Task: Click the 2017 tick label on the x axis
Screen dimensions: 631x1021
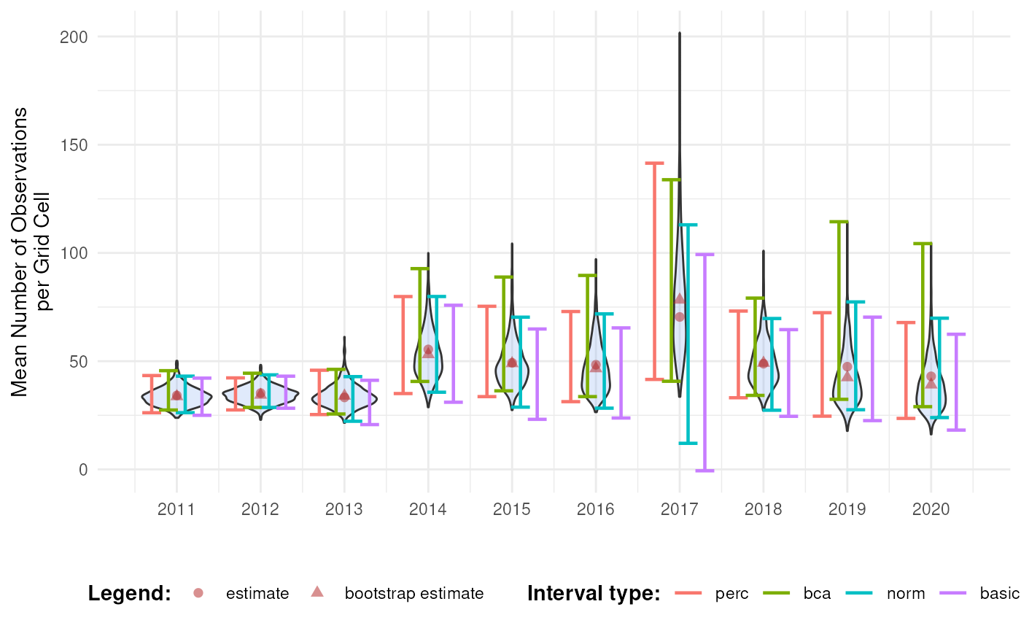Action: (x=679, y=509)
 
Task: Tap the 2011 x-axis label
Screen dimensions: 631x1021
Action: (x=176, y=509)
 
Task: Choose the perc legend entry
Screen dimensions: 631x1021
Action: (x=731, y=593)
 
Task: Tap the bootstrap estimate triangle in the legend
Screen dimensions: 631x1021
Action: (x=317, y=592)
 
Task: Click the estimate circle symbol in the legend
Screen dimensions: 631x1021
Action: (x=199, y=593)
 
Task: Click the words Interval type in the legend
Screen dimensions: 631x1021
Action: (x=593, y=593)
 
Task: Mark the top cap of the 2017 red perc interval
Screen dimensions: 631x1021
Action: (x=654, y=163)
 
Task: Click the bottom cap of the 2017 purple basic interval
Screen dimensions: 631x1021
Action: (x=704, y=471)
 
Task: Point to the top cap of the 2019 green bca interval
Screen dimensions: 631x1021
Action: (x=839, y=221)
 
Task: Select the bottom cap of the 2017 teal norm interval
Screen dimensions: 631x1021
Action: (x=688, y=443)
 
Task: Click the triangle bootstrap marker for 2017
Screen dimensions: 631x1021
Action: (x=680, y=298)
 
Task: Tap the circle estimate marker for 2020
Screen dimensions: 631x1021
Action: (x=931, y=376)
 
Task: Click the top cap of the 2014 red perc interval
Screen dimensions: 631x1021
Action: (x=403, y=296)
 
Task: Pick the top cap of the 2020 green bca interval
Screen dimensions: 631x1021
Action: (x=923, y=243)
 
